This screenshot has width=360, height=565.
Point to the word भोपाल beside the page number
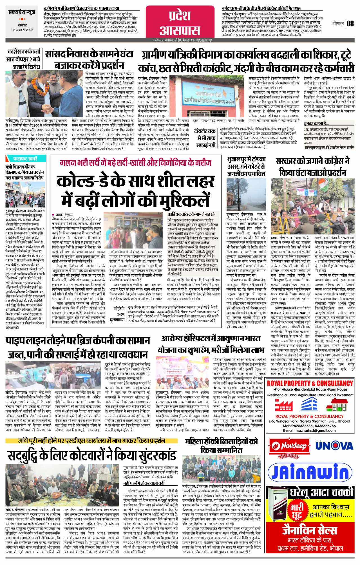click(x=338, y=23)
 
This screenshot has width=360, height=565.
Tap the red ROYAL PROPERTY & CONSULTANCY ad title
click(x=310, y=383)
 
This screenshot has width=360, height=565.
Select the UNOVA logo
click(x=334, y=445)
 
